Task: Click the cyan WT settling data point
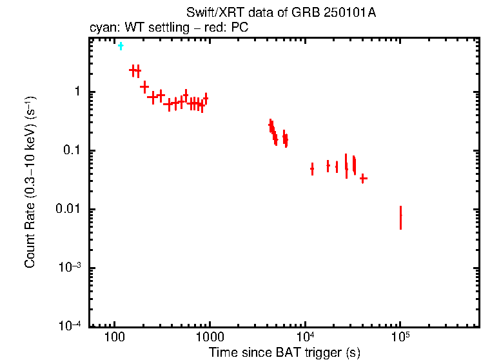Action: [x=121, y=46]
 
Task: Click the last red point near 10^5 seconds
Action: [x=400, y=217]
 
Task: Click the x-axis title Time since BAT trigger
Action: [x=284, y=352]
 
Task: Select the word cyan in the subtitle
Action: [x=101, y=28]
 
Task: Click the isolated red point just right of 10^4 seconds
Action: [x=312, y=169]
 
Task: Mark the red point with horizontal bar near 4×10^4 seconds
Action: [x=363, y=178]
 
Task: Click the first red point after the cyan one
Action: [x=133, y=70]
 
